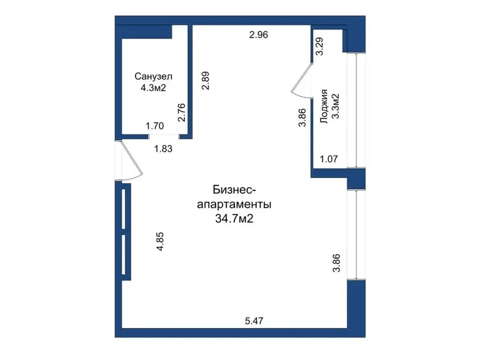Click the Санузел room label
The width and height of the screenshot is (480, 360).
point(154,76)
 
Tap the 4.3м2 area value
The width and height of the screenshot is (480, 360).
point(153,88)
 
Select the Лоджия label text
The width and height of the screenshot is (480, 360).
point(324,106)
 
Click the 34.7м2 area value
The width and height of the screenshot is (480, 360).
point(234,219)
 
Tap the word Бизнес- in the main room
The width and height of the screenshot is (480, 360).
point(234,190)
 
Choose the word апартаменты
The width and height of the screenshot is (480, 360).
point(234,204)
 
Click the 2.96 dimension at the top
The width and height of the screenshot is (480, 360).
point(259,35)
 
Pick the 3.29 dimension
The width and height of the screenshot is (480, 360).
point(319,46)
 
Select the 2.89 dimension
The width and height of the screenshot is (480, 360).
point(205,80)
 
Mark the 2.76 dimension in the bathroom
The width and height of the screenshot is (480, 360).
point(182,113)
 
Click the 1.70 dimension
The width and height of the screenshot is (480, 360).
point(155,126)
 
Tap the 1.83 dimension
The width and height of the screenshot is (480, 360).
point(163,149)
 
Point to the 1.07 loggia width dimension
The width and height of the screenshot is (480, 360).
point(329,159)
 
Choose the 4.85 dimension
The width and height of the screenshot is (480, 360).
point(160,241)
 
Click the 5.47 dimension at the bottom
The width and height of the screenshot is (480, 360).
point(254,321)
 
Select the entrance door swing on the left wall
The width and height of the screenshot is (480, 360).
point(132,160)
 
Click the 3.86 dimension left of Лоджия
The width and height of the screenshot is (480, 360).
point(302,118)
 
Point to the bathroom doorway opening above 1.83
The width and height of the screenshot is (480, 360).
point(163,136)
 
